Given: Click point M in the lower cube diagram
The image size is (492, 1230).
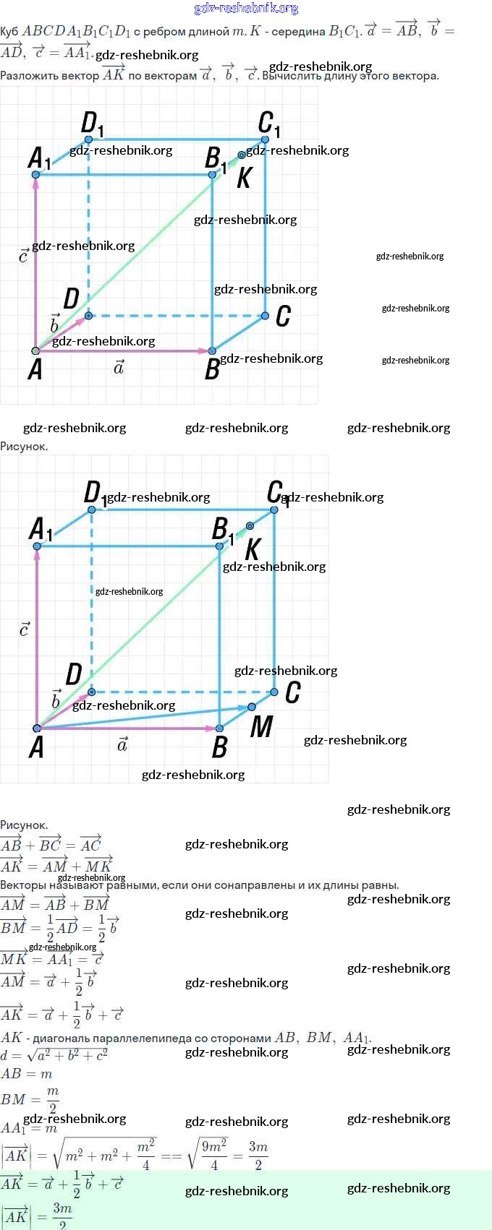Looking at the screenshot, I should click(252, 707).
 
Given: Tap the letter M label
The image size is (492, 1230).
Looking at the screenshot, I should click(261, 727).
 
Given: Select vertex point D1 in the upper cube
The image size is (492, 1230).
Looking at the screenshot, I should click(88, 139).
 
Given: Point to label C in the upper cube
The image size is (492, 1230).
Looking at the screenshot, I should click(283, 316).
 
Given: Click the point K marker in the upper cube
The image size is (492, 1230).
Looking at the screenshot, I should click(242, 155).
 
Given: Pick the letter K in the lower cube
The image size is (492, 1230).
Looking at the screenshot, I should click(253, 550).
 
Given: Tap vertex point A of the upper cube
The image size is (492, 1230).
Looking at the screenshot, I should click(35, 351).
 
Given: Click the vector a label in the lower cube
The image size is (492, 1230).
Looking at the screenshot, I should click(122, 744).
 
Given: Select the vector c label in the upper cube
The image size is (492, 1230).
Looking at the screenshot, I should click(23, 256).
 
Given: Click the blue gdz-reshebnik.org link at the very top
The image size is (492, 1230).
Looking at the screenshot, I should click(246, 8).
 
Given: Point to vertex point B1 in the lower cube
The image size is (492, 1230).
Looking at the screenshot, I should click(219, 546).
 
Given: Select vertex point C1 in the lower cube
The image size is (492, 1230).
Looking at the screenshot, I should click(274, 509).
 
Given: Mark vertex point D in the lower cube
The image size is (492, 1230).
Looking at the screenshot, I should click(91, 692).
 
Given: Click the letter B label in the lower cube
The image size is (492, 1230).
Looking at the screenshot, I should click(220, 747).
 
